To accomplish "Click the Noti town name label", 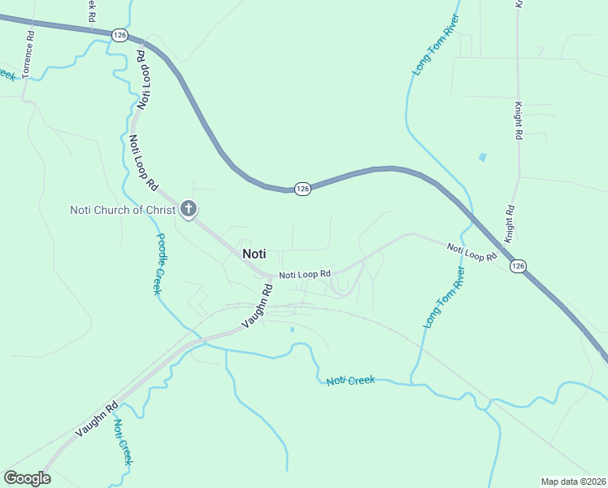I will (254, 254).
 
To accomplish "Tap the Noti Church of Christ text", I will (123, 210).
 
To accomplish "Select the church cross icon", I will (189, 210).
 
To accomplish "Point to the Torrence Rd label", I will (28, 55).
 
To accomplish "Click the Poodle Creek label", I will (159, 264).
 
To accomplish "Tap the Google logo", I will (27, 477).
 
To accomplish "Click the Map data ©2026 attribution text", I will (574, 481).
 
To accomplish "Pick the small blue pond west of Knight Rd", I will (484, 156).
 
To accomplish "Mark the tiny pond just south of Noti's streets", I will (292, 329).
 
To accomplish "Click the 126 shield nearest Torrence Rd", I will (120, 35).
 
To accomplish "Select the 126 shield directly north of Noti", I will (302, 189).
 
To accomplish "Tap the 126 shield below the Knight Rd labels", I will (518, 266).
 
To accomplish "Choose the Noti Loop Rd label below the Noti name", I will (305, 275).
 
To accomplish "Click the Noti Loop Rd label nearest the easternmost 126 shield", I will (471, 251).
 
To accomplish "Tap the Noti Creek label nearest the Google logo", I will (123, 442).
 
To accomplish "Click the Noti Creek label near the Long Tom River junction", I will (351, 381).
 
